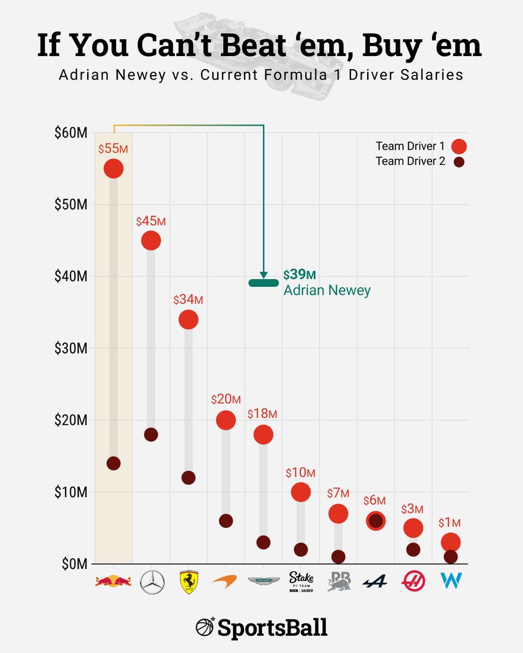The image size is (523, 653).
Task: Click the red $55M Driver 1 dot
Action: coord(113,169)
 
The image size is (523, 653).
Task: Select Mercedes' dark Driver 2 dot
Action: coord(151,434)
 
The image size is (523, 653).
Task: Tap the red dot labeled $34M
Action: coord(188,319)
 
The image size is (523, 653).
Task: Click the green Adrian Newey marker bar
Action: coord(263,282)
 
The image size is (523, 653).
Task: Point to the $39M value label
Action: coord(299,274)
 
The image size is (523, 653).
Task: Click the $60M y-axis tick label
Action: coord(71,133)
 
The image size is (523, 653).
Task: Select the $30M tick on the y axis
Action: coord(71,348)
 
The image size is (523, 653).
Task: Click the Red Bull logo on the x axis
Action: coord(113,582)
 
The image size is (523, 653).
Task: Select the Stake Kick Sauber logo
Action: coord(301,582)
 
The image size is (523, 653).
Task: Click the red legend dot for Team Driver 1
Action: coord(459,146)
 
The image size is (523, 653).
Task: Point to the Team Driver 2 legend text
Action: coord(410,161)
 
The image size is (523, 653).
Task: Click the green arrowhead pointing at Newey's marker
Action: coord(264,275)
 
